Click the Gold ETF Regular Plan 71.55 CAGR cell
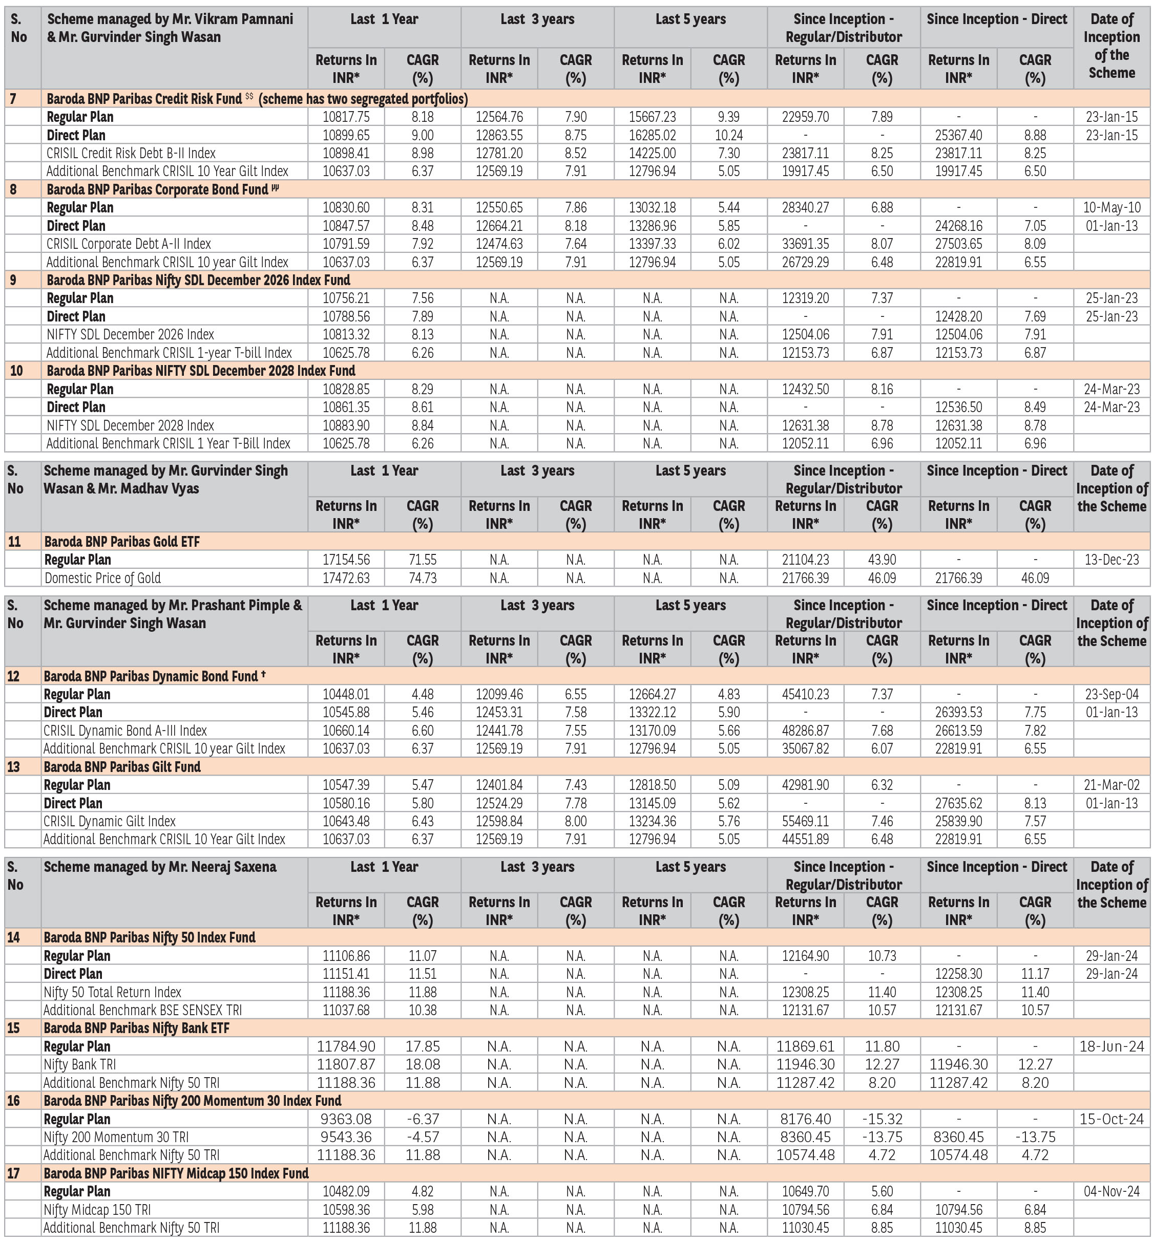click(x=423, y=560)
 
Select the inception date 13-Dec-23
click(x=1111, y=560)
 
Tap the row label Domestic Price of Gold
click(x=102, y=577)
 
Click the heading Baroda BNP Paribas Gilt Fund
click(x=122, y=766)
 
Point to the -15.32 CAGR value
click(x=882, y=1119)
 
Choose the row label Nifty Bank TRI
click(x=80, y=1065)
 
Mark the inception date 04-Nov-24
click(x=1111, y=1191)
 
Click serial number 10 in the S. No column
click(x=17, y=371)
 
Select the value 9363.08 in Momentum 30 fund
click(x=346, y=1119)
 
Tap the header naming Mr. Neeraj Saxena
click(x=160, y=866)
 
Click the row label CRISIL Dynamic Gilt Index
click(x=110, y=821)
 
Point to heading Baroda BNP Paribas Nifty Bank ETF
click(x=137, y=1028)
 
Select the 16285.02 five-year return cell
click(x=652, y=135)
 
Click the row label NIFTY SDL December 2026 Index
click(x=131, y=334)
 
